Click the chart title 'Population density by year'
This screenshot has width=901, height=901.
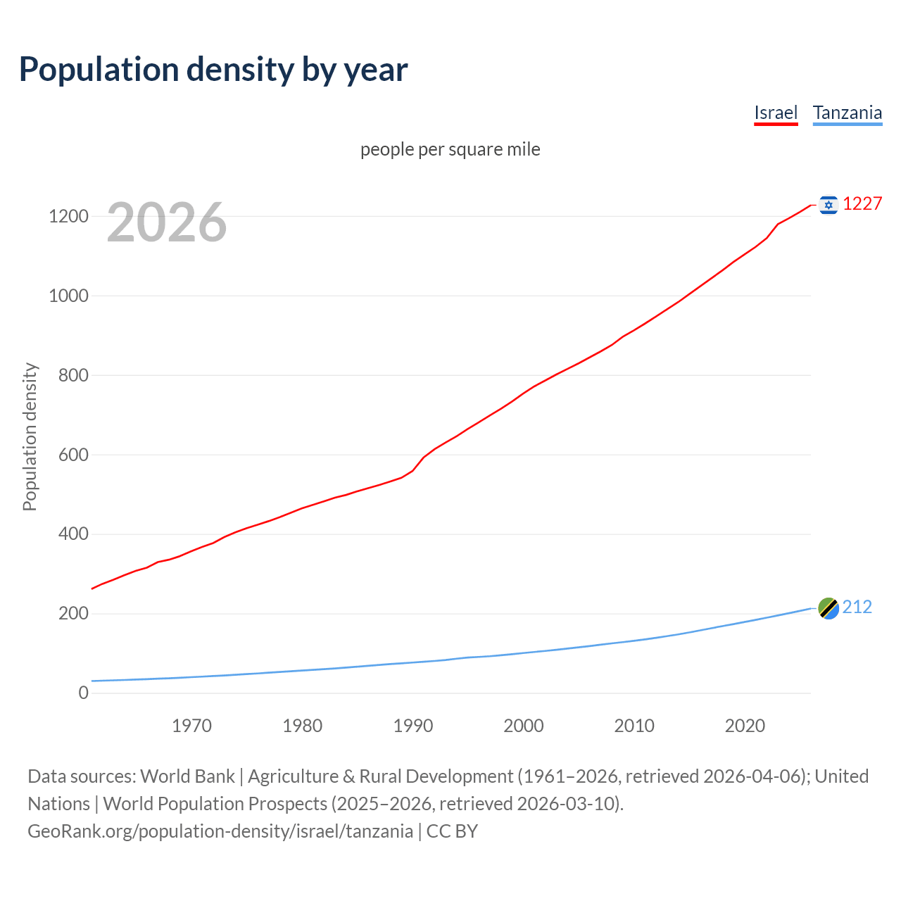213,69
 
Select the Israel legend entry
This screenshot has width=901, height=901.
776,113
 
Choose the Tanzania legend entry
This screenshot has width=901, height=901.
847,113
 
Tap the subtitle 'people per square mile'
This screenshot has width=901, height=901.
450,149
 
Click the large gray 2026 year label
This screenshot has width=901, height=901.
167,222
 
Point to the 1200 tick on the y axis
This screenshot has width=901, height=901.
68,216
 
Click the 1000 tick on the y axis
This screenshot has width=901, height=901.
68,296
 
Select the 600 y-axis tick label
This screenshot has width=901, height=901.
73,455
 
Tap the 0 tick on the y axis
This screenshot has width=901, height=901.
84,693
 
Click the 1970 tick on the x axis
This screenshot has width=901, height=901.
191,726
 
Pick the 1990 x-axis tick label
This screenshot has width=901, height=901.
413,726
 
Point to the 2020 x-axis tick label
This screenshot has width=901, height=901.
745,726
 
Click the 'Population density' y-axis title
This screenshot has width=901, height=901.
30,436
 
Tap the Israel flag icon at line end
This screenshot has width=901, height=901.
828,205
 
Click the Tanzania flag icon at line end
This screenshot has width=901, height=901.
828,608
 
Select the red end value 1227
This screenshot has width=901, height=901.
862,204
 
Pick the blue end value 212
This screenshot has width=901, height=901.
857,607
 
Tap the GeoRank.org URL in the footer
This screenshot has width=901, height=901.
220,831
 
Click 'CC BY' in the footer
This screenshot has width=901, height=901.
452,831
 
